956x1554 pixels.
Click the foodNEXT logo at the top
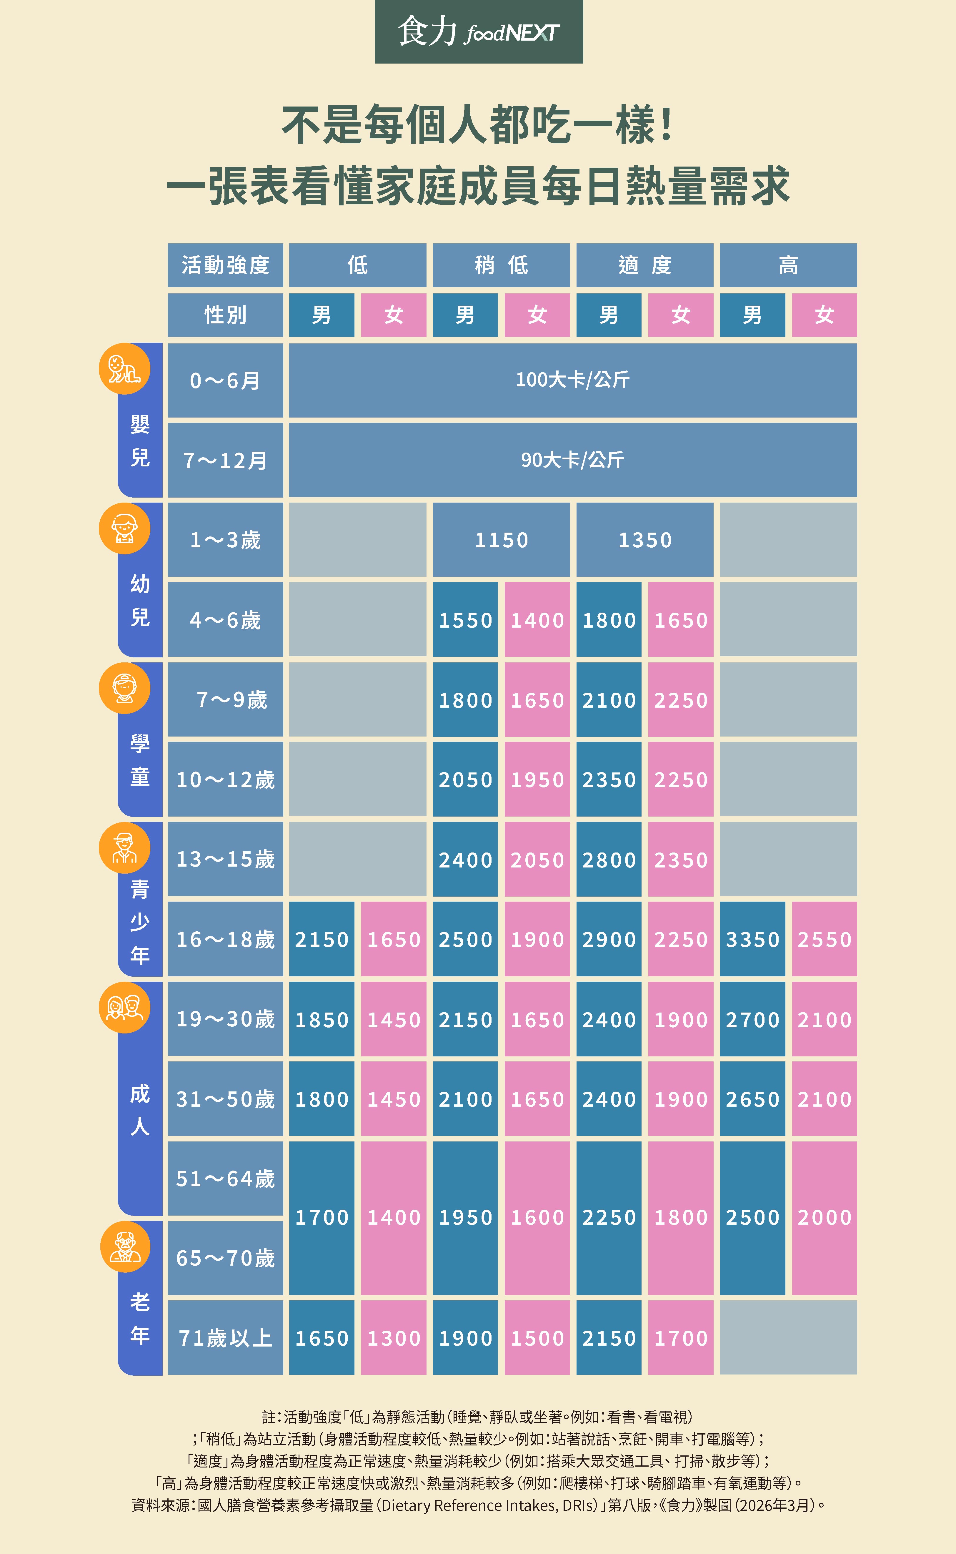click(x=479, y=31)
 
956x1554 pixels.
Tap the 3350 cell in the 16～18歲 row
click(x=752, y=939)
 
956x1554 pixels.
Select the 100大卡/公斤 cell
click(x=572, y=380)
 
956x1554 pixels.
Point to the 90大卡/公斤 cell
click(x=572, y=460)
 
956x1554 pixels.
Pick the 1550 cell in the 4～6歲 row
click(x=465, y=620)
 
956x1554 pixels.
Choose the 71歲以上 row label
click(x=225, y=1338)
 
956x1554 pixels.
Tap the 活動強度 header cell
click(x=225, y=265)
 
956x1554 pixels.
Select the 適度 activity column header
click(x=644, y=265)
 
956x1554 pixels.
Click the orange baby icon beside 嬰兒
click(x=124, y=369)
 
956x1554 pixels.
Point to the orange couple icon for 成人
click(x=124, y=1007)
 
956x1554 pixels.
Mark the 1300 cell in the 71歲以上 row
click(x=393, y=1338)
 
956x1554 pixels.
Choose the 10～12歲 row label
click(x=225, y=779)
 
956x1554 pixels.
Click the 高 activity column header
click(x=788, y=265)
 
